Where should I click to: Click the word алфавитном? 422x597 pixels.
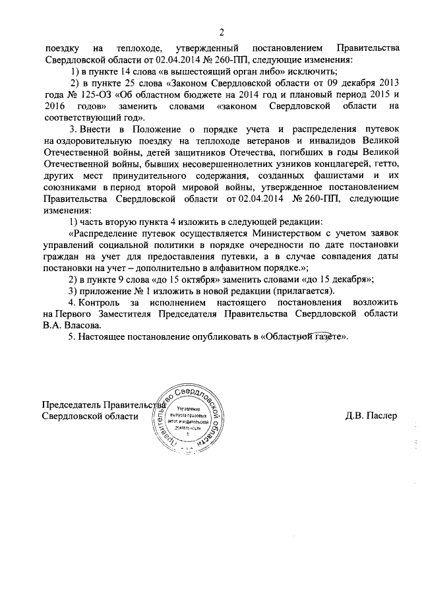[233, 268]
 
